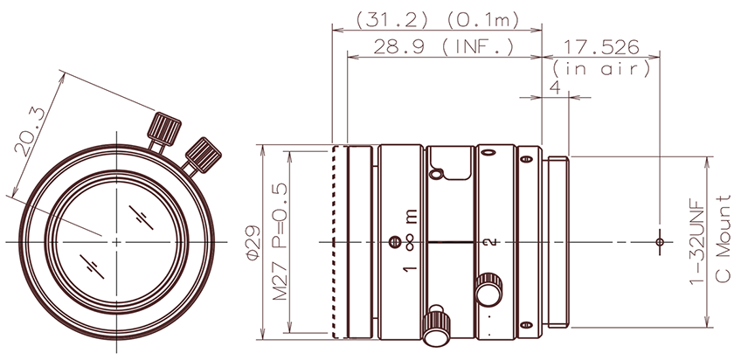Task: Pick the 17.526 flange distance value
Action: point(602,46)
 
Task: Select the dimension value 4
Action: point(554,87)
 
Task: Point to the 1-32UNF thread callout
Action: point(696,241)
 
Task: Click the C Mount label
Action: point(722,241)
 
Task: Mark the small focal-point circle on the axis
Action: point(660,241)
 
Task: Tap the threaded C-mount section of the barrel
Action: point(557,241)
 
